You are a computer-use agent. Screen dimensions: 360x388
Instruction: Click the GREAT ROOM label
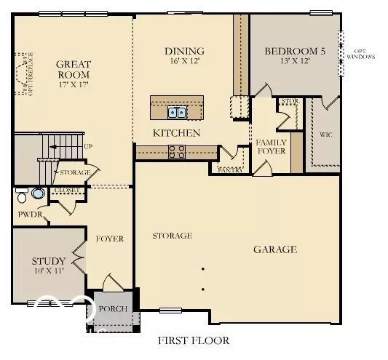pos(73,69)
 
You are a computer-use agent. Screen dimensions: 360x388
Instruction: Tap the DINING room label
pos(183,51)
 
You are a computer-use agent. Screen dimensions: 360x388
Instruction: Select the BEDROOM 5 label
pos(294,51)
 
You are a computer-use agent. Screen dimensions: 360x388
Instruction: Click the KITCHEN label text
pos(176,133)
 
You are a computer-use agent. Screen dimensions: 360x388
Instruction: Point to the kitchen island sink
pos(176,112)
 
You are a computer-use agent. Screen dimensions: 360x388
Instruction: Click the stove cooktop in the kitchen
pos(177,151)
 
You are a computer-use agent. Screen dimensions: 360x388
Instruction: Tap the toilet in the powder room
pos(23,196)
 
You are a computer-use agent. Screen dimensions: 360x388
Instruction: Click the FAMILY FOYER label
pos(270,146)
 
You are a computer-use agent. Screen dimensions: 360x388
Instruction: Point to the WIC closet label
pos(325,135)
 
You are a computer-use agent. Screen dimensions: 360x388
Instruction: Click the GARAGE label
pos(274,249)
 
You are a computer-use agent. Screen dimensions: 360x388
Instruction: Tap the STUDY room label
pos(49,261)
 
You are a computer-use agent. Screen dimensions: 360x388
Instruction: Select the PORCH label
pos(113,309)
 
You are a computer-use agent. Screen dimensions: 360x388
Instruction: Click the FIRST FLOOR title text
pos(194,340)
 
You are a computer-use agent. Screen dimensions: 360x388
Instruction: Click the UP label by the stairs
pos(88,146)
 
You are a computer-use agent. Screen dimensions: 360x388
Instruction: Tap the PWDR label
pos(30,215)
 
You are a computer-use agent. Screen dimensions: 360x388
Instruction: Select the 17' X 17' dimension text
pos(73,85)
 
